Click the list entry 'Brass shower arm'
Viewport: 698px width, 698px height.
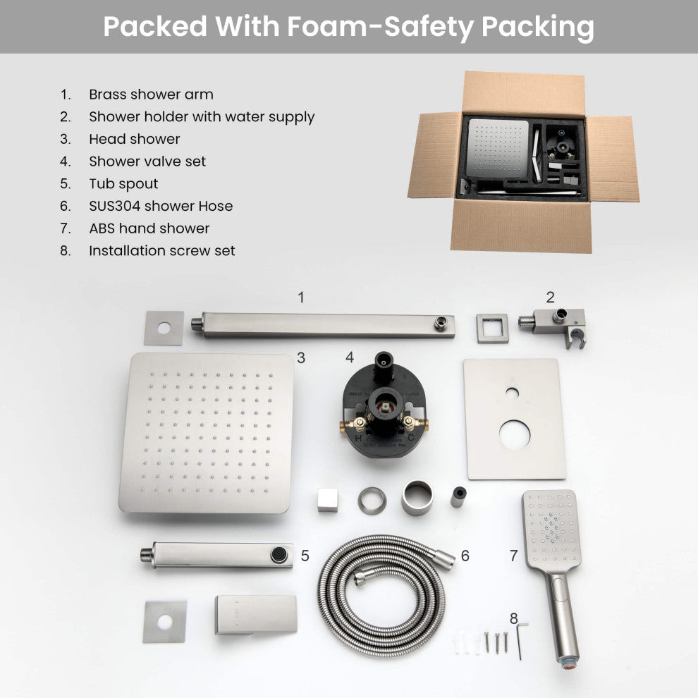pos(150,94)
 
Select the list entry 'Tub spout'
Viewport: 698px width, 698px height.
pos(123,184)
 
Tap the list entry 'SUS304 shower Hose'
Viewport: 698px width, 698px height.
pos(160,206)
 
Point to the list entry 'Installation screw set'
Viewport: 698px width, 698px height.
pos(161,250)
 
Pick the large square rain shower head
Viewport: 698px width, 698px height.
pos(206,432)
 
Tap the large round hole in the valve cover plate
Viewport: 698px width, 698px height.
pos(515,434)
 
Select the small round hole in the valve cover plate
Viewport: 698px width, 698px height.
pos(513,392)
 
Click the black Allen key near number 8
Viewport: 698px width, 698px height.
pos(520,639)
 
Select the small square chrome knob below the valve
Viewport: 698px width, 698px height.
pos(327,499)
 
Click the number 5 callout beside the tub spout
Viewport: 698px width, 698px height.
pos(305,556)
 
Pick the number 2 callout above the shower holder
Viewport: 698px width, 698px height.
pos(550,298)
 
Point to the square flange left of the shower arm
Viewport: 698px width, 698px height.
pos(164,329)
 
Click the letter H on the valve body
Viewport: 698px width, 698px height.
pos(358,438)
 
